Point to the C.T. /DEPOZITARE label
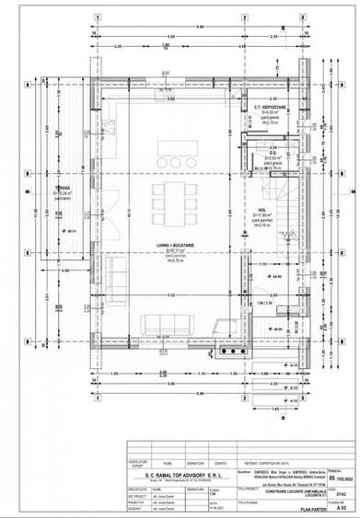coord(270,108)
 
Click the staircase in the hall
coord(290,202)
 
